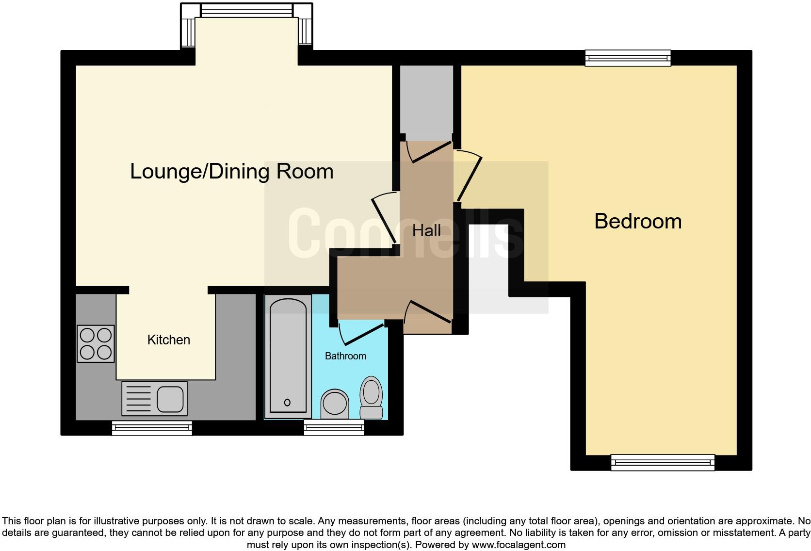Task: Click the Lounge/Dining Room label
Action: [x=231, y=172]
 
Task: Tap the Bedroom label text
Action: [x=637, y=222]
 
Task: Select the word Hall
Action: [x=426, y=230]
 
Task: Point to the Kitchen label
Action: [x=168, y=340]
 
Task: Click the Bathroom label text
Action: [x=345, y=356]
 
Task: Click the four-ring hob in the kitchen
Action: [x=96, y=343]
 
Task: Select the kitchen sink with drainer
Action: [x=154, y=399]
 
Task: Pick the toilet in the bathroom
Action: [x=372, y=397]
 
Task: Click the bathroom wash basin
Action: [x=335, y=404]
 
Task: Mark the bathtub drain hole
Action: [x=287, y=402]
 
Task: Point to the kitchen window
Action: [x=152, y=427]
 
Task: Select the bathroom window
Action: [x=334, y=427]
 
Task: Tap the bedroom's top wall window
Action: [x=628, y=58]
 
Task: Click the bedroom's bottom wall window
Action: [x=663, y=462]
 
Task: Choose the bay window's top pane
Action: [x=246, y=10]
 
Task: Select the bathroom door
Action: [x=361, y=333]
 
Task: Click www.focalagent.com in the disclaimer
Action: [x=519, y=545]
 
